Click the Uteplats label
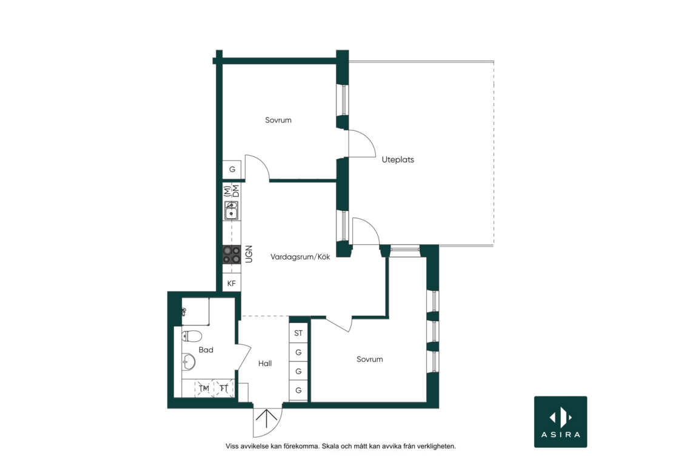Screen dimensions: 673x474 (398, 159)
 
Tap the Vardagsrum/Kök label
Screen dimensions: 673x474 (301, 257)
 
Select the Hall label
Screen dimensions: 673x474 (265, 363)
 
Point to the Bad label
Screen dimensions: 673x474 (206, 350)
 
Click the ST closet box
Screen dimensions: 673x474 (298, 333)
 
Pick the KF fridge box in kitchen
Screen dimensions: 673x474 (232, 283)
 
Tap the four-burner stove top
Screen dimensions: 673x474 (232, 255)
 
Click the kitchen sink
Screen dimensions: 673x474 (232, 210)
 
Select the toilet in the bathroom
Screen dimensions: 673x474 (192, 335)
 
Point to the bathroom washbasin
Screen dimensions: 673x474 (188, 362)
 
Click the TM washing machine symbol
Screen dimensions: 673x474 (204, 388)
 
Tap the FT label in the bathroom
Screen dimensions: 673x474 (224, 388)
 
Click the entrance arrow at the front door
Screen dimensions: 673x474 (266, 419)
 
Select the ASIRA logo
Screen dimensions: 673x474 (560, 422)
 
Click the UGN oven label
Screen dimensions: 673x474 (249, 254)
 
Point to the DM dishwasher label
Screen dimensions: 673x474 (236, 191)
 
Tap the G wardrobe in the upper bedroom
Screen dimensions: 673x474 (232, 169)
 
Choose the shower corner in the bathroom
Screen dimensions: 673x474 (195, 312)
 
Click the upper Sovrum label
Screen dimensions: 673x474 (278, 120)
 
